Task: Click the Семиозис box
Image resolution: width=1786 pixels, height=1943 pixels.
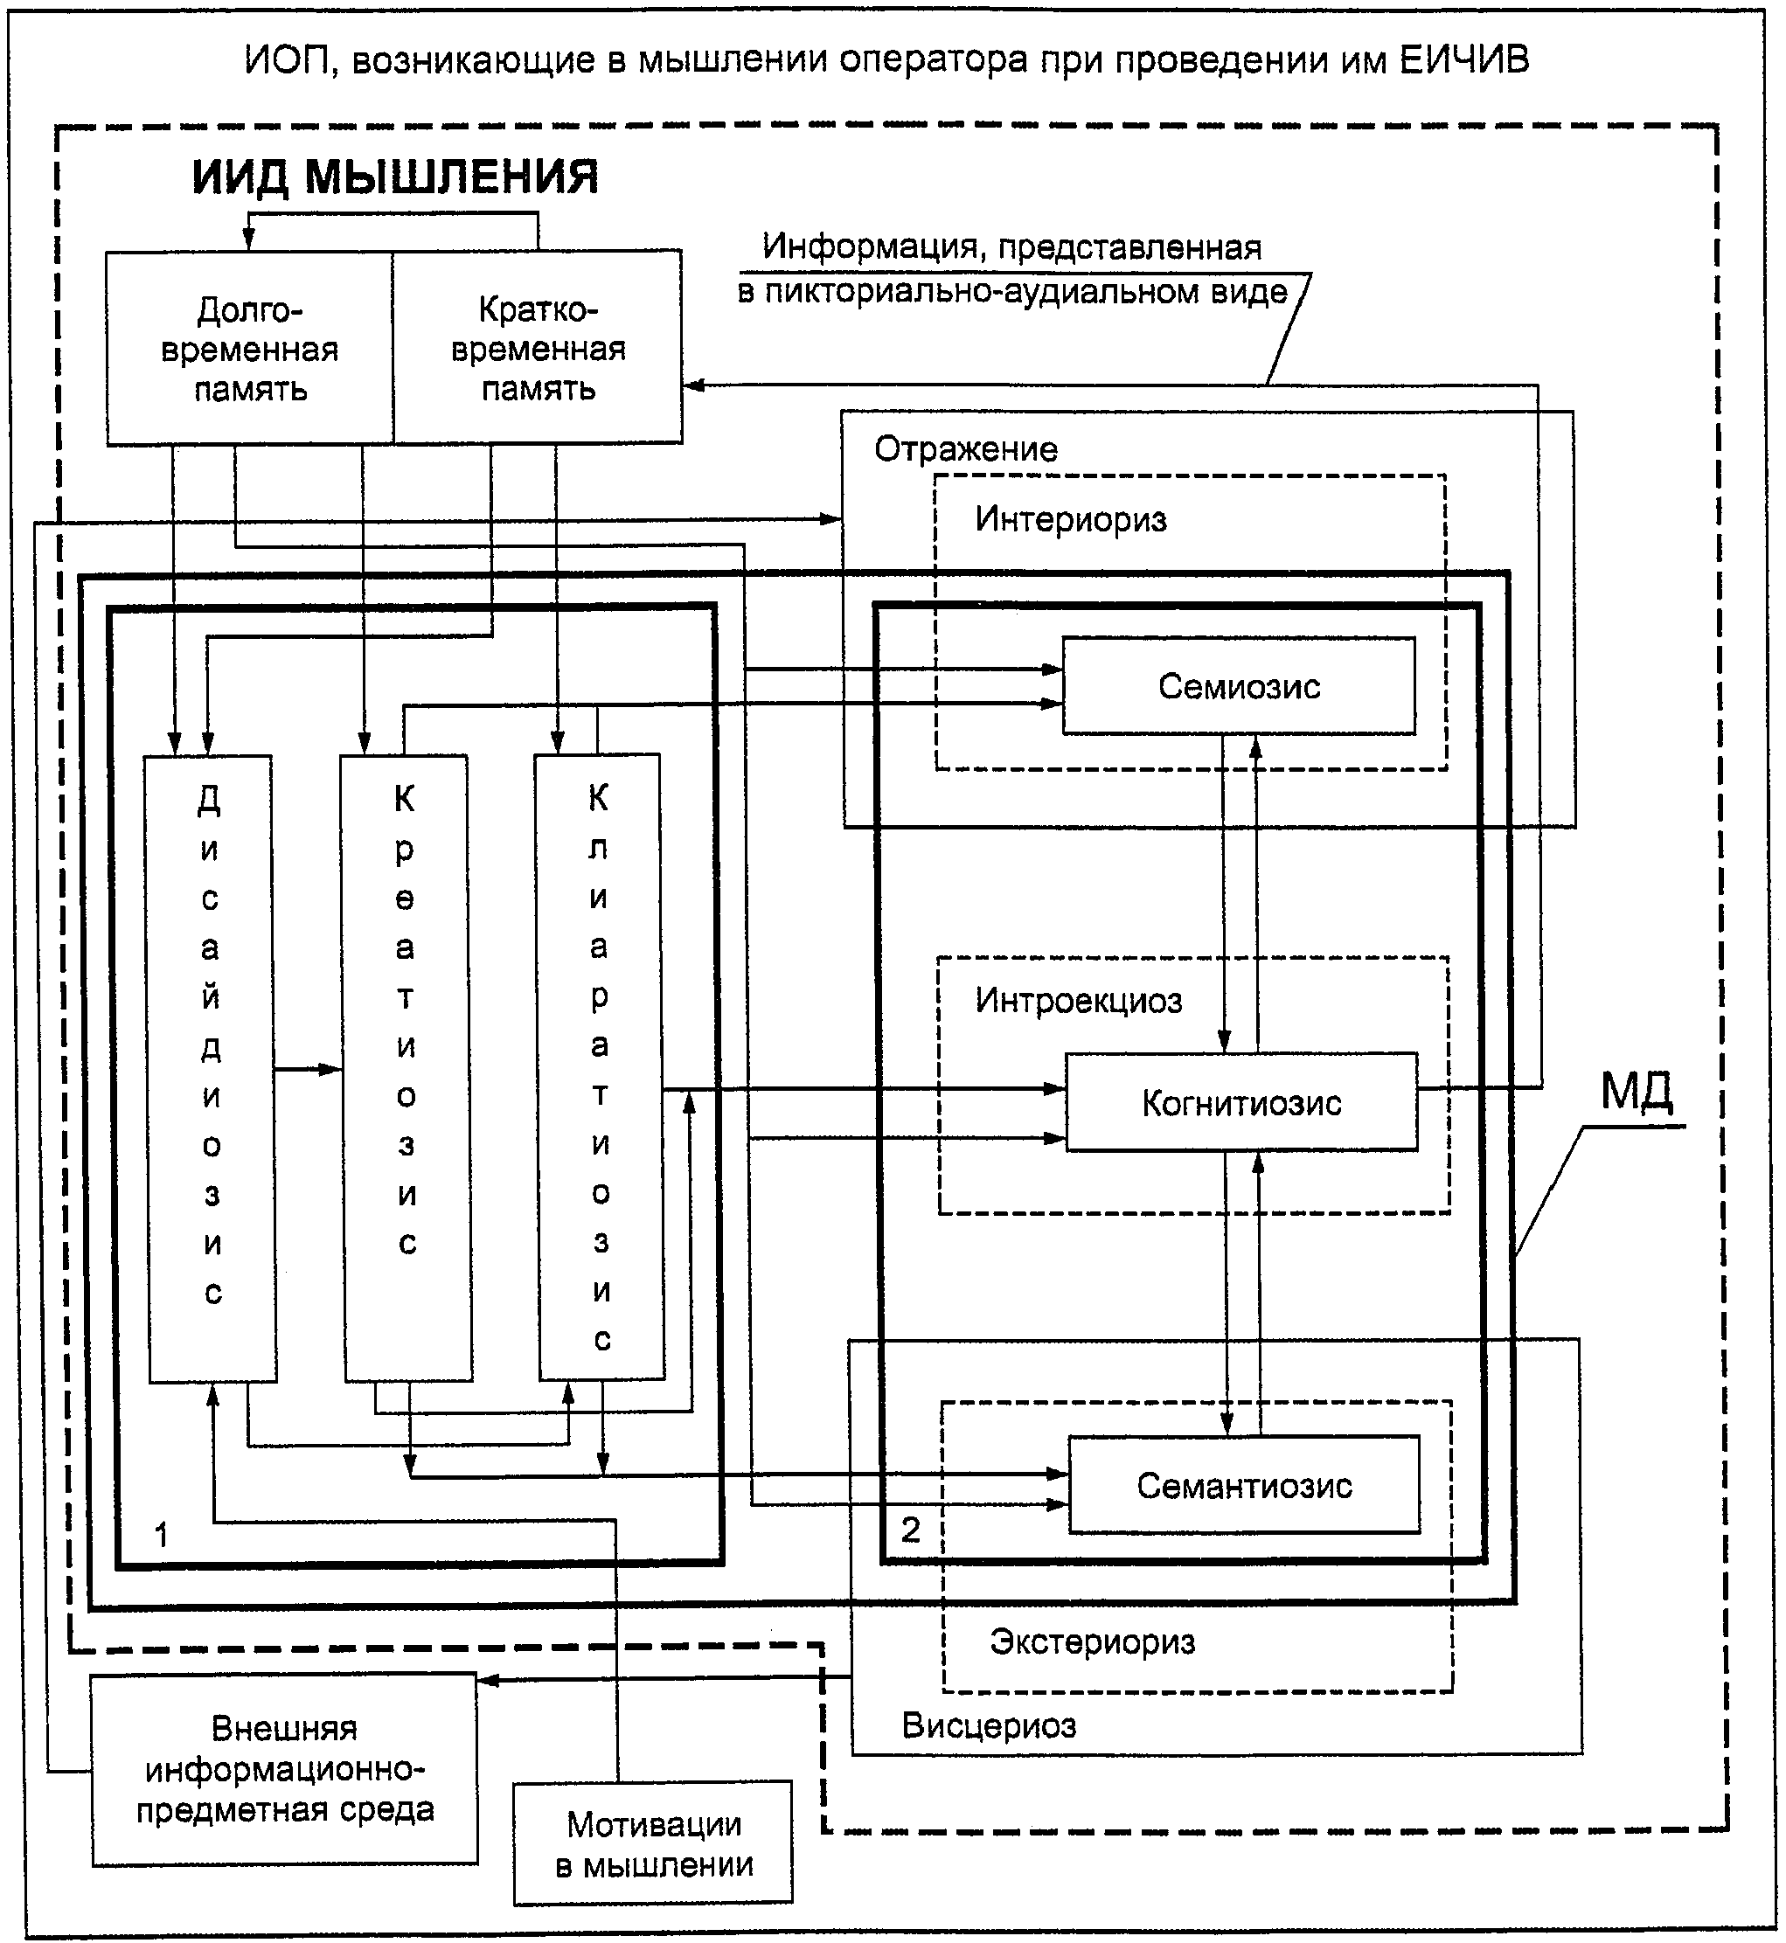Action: [x=1238, y=686]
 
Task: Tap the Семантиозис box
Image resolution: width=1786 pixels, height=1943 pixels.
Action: [x=1244, y=1485]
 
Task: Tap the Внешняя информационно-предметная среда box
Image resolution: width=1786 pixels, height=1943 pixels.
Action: [x=284, y=1769]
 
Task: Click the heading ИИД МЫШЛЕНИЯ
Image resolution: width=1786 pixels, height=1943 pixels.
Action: [x=394, y=177]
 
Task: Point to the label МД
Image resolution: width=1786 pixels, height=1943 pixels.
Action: [x=1637, y=1092]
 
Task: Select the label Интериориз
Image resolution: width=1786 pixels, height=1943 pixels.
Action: [x=1070, y=520]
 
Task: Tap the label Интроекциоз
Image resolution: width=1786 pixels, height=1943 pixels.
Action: [x=1078, y=1001]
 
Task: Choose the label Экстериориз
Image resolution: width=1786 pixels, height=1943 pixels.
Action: [x=1092, y=1641]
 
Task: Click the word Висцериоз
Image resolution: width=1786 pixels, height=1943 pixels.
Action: [x=988, y=1725]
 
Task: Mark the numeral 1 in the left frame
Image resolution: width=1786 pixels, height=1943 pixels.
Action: [x=162, y=1534]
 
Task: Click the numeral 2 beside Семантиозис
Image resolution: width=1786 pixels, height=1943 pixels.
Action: [x=910, y=1530]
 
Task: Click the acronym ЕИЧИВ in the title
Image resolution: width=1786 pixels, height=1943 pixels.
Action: [x=1464, y=61]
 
